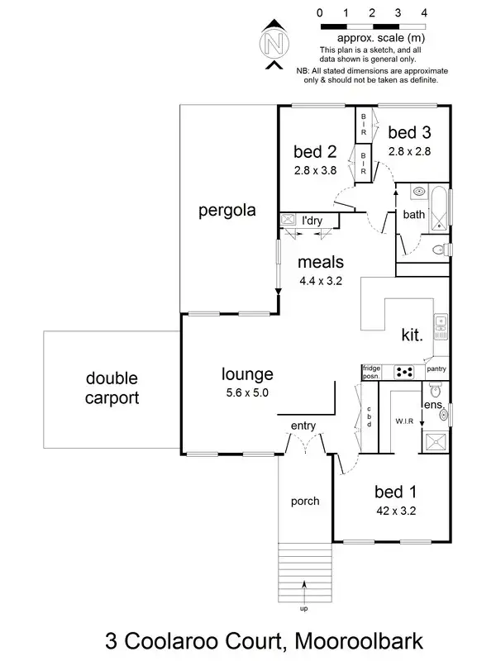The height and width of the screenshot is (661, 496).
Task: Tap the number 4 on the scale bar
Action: tap(424, 13)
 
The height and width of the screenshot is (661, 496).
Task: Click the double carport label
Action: tap(112, 388)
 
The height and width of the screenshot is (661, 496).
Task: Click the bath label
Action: tap(413, 215)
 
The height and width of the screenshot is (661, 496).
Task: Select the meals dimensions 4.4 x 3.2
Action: tap(321, 280)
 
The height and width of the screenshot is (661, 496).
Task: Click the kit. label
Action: tap(412, 335)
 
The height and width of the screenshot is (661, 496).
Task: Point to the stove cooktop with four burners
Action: tap(405, 373)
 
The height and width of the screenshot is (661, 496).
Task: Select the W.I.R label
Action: tap(404, 421)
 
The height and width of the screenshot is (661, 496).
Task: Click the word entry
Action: tap(303, 426)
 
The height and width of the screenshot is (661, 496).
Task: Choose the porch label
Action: tap(306, 501)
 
